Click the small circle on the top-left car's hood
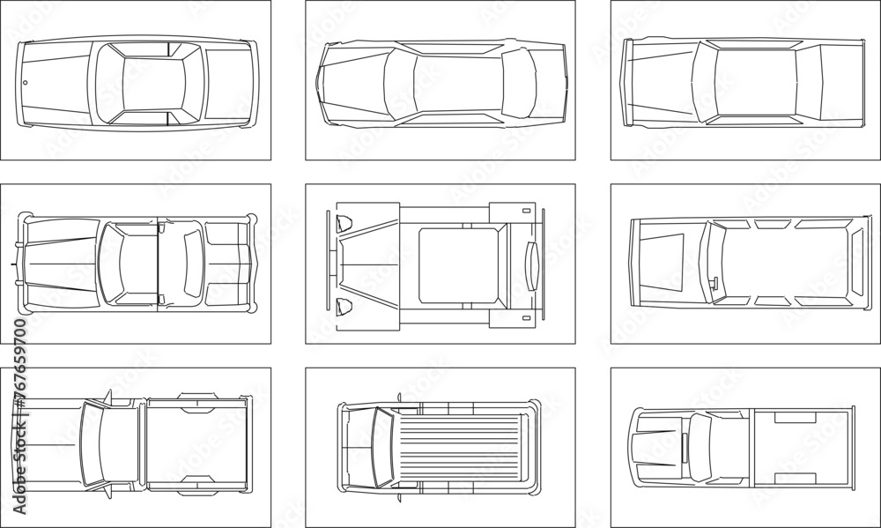[x=25, y=84]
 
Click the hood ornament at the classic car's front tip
[x=13, y=264]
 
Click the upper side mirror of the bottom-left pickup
[x=107, y=396]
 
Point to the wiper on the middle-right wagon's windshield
[x=710, y=283]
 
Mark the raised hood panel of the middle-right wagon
[x=661, y=263]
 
